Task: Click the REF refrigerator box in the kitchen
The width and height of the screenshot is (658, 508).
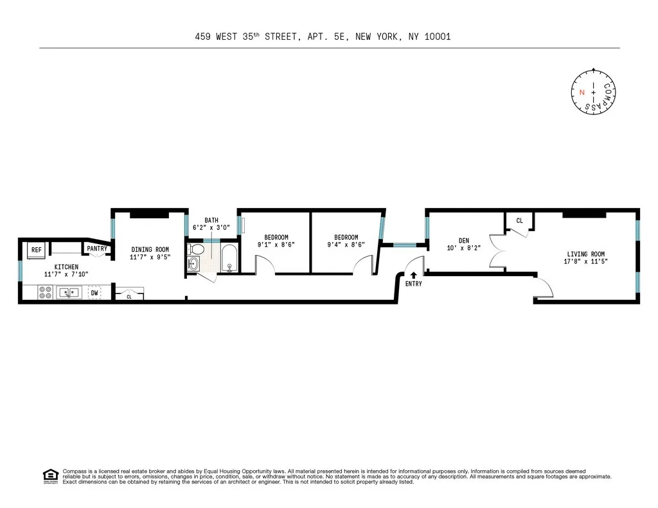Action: point(37,250)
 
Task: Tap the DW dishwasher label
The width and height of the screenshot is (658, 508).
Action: point(94,293)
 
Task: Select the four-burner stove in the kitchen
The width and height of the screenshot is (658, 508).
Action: point(46,293)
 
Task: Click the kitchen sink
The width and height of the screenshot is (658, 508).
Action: point(67,293)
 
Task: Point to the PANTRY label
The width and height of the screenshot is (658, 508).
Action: point(97,249)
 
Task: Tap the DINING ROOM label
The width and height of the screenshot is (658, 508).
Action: point(150,249)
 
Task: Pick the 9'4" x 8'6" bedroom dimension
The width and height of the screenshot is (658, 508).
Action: point(346,244)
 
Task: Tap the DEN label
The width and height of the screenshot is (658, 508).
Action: point(463,241)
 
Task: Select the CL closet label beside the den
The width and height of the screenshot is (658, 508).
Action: point(519,221)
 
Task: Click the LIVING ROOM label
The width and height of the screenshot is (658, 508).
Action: point(585,254)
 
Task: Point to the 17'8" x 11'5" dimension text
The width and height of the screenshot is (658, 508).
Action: point(585,261)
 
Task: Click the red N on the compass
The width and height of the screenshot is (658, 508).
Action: point(582,92)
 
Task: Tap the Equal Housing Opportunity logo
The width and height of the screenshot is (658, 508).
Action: point(49,476)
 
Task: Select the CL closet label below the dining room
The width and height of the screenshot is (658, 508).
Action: point(129,297)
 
